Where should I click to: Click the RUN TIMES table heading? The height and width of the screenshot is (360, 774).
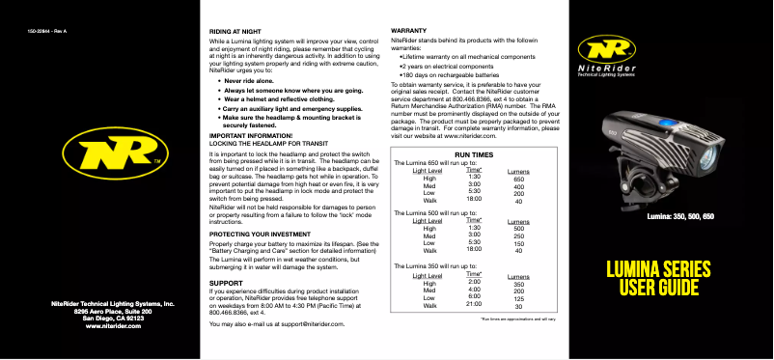point(474,153)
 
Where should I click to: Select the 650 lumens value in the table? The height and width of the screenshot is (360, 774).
point(518,180)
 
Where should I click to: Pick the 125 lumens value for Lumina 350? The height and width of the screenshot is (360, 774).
point(519,297)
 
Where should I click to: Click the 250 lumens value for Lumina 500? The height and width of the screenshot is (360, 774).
point(519,237)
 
